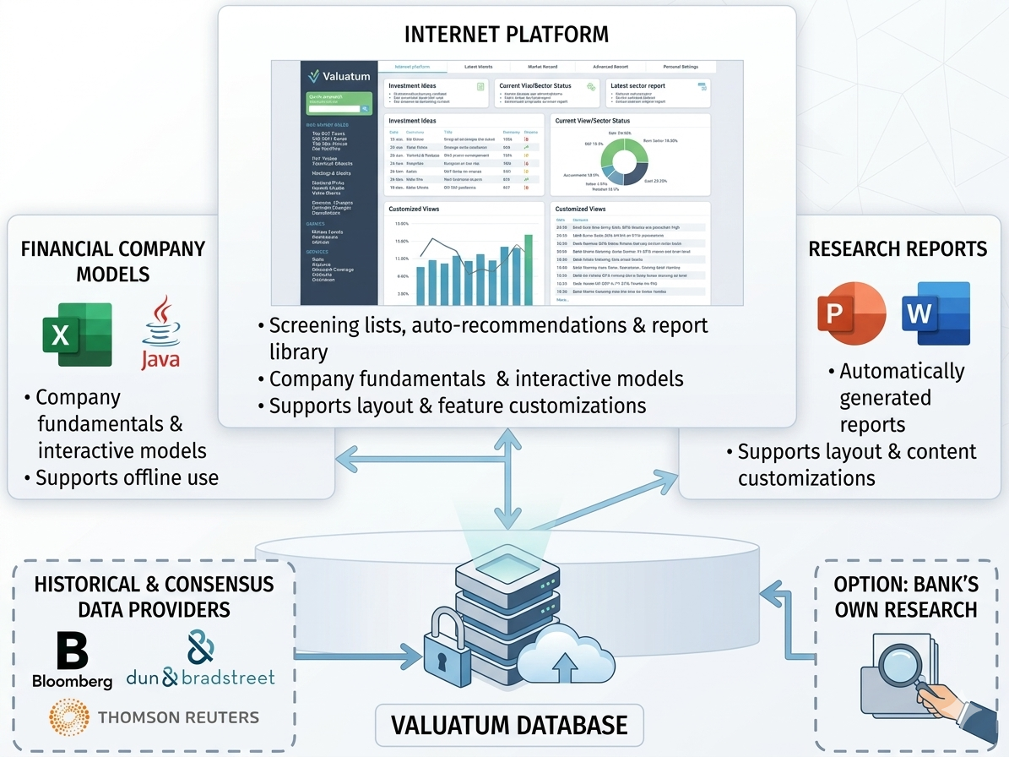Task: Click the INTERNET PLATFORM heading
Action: pyautogui.click(x=506, y=35)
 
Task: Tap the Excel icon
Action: pyautogui.click(x=77, y=335)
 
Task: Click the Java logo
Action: pyautogui.click(x=160, y=333)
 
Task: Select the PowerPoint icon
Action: pyautogui.click(x=852, y=313)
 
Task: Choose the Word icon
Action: pyautogui.click(x=936, y=313)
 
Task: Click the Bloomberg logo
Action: pyautogui.click(x=72, y=660)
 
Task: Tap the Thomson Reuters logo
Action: pyautogui.click(x=154, y=717)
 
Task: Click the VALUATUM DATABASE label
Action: pyautogui.click(x=509, y=725)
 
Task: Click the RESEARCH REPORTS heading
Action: pyautogui.click(x=898, y=248)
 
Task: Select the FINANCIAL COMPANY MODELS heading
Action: pyautogui.click(x=113, y=261)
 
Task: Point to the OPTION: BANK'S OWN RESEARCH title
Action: pyautogui.click(x=905, y=596)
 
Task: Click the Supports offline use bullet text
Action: pyautogui.click(x=127, y=477)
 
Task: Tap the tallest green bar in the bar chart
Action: pyautogui.click(x=529, y=270)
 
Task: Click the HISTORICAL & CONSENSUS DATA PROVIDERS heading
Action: pyautogui.click(x=154, y=596)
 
